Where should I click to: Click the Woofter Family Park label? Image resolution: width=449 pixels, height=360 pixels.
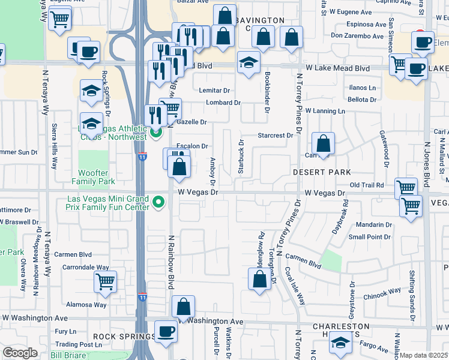[x=93, y=176]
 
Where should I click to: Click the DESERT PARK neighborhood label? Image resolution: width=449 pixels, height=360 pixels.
[x=321, y=172]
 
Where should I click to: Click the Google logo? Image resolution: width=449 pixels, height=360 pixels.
[x=20, y=353]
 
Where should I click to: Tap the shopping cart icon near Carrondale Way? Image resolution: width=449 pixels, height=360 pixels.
[x=105, y=280]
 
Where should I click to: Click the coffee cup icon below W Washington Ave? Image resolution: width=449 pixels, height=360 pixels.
[x=166, y=331]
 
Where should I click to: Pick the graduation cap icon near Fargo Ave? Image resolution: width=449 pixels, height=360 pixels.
[x=340, y=344]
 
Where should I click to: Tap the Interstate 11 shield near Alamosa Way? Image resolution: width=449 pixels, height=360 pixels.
[x=142, y=296]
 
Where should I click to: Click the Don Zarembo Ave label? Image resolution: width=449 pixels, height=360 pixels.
[x=357, y=36]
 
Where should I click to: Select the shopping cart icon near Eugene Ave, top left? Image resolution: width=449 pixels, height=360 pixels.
[x=60, y=20]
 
